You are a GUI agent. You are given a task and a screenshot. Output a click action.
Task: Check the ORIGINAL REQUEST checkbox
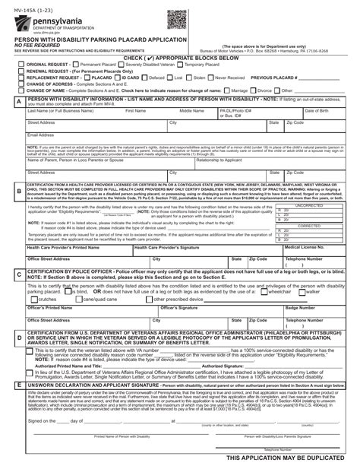(21, 65)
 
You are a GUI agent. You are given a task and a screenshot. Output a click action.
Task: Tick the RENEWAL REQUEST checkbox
(21, 71)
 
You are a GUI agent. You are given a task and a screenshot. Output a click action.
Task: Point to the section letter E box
(18, 386)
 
